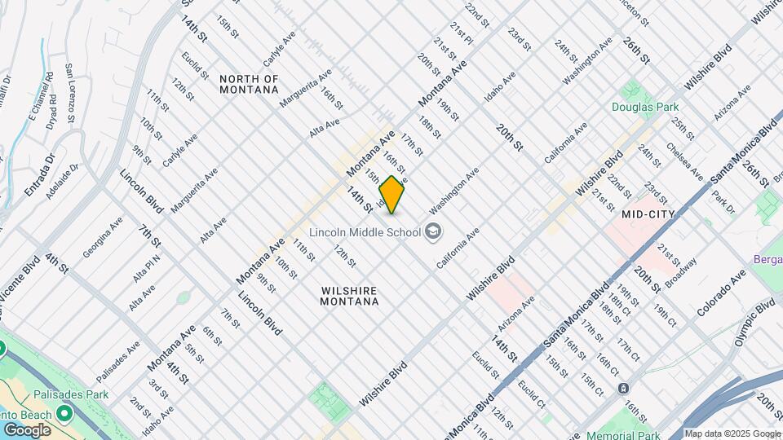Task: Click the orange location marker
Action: [392, 195]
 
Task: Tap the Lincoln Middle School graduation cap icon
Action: [432, 232]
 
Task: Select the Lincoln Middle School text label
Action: [365, 232]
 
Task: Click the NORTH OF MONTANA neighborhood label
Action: [249, 84]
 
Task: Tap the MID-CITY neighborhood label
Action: [648, 214]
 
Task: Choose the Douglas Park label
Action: [645, 107]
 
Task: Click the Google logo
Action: [26, 429]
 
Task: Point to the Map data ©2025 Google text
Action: [732, 433]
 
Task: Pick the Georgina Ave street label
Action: [104, 237]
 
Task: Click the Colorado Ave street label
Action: [721, 293]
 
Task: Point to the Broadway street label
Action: [680, 273]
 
